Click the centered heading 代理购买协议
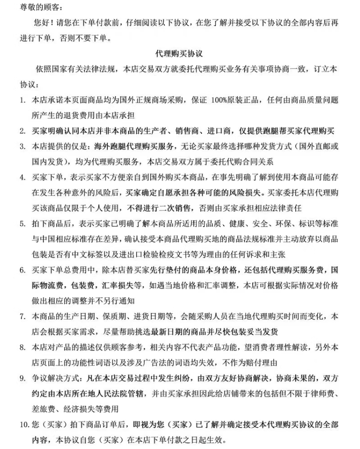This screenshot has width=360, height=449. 180,53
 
